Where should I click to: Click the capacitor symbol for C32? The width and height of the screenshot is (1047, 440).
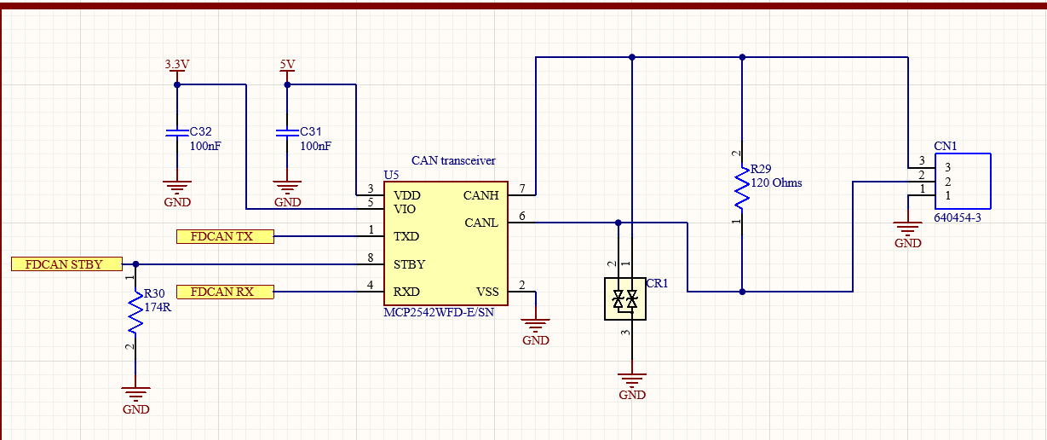pos(176,133)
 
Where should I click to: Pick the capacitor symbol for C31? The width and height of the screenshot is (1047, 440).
pos(287,133)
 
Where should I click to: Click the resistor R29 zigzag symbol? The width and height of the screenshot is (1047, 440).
pos(742,188)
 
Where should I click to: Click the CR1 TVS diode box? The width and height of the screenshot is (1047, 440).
pos(624,299)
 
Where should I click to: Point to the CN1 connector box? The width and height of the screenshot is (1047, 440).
pos(963,181)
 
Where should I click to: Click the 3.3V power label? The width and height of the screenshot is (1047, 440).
pos(177,65)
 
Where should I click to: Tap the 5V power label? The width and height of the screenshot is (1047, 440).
pos(287,65)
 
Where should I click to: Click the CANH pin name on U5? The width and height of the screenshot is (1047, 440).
pos(480,195)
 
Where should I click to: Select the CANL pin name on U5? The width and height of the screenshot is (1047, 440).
pos(481,223)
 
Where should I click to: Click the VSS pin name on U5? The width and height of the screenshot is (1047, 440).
pos(486,292)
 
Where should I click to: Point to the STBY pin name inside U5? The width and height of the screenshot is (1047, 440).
pos(409,264)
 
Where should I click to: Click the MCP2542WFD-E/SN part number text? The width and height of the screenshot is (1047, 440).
pos(439,313)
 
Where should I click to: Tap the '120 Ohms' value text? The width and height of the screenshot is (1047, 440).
pos(776,182)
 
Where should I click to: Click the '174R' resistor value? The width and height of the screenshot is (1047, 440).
pos(158,307)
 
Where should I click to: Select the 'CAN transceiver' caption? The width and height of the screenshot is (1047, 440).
pos(453,160)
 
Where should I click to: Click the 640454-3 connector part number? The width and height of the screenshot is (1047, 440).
pos(958,218)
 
